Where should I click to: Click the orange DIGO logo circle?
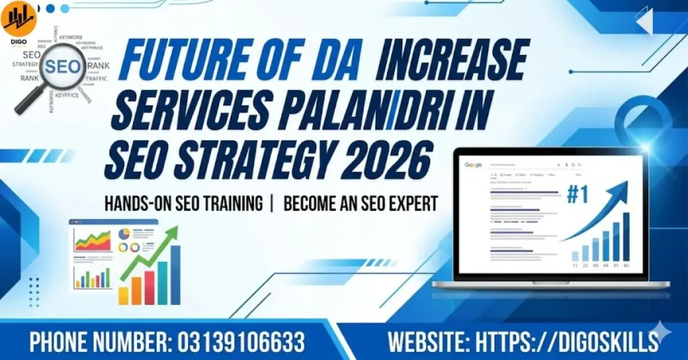click(x=18, y=17)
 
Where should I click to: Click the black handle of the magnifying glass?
click(x=27, y=100)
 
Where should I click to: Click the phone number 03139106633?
click(x=241, y=342)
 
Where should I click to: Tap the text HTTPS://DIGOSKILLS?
click(x=566, y=342)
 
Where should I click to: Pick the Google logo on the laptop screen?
click(x=473, y=165)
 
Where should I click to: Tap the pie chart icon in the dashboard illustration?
click(x=124, y=233)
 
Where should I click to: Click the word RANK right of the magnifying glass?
click(x=98, y=65)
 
